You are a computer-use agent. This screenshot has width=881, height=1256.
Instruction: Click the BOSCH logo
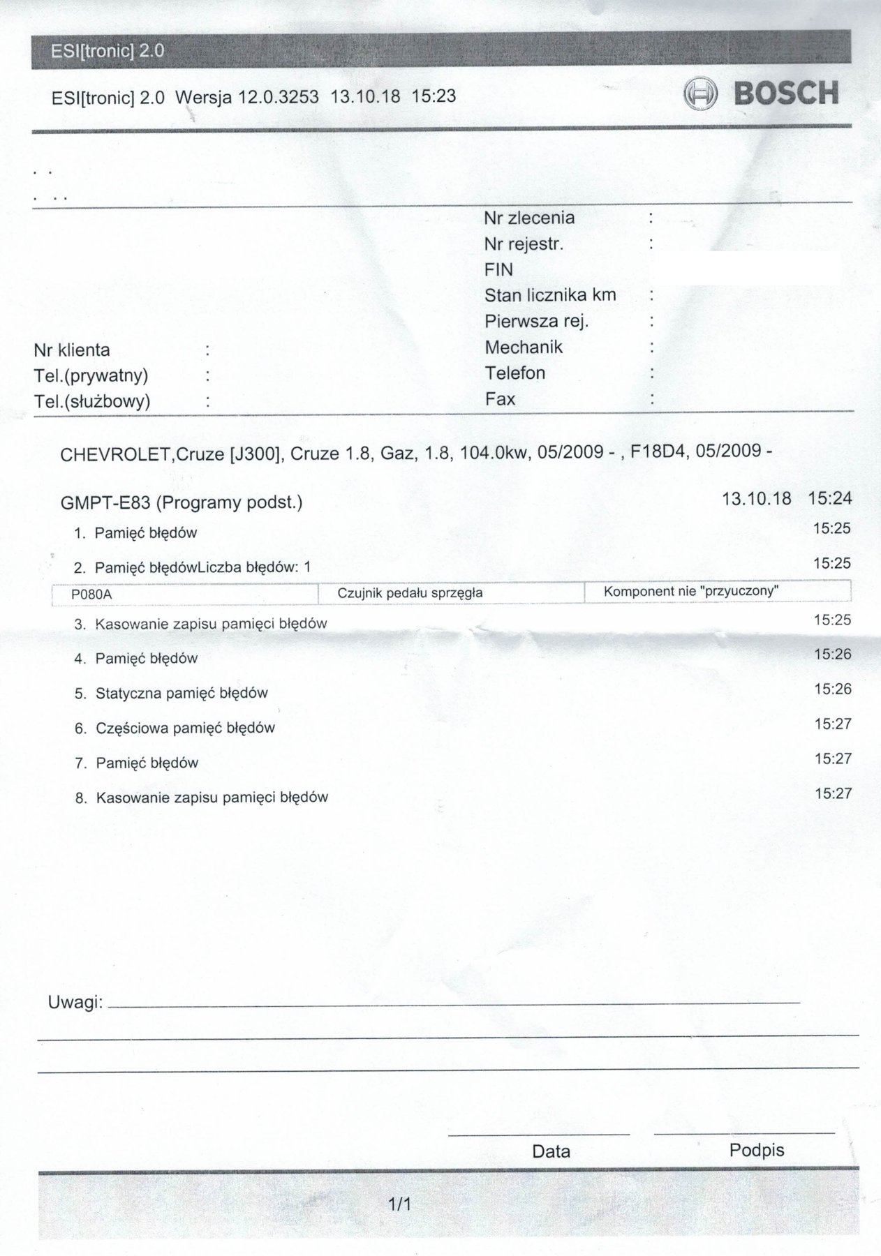761,94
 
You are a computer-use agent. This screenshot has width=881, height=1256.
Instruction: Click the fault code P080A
91,595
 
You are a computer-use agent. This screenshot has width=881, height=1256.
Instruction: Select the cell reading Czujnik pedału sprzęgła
410,593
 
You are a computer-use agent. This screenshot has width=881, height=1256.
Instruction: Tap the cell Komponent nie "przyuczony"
690,591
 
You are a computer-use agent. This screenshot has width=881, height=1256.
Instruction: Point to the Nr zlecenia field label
529,218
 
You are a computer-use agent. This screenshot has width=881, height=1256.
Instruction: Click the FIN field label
498,269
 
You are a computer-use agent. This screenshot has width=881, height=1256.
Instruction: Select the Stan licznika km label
550,295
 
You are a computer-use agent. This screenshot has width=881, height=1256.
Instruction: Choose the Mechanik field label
524,347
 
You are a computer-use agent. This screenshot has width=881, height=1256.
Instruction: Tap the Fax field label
500,399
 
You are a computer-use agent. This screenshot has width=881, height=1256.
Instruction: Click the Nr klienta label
72,350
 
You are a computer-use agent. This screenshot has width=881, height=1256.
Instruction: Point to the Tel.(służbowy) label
92,401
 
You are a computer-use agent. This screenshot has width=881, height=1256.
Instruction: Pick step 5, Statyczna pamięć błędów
182,693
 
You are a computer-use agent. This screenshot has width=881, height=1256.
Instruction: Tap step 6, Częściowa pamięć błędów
185,728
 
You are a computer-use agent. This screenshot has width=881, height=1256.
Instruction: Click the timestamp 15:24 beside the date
829,498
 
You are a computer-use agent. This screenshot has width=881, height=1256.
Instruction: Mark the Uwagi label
75,1003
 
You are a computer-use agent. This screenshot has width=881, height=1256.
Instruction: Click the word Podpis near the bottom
757,1150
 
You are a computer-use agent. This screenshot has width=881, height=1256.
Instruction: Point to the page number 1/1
400,1204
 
